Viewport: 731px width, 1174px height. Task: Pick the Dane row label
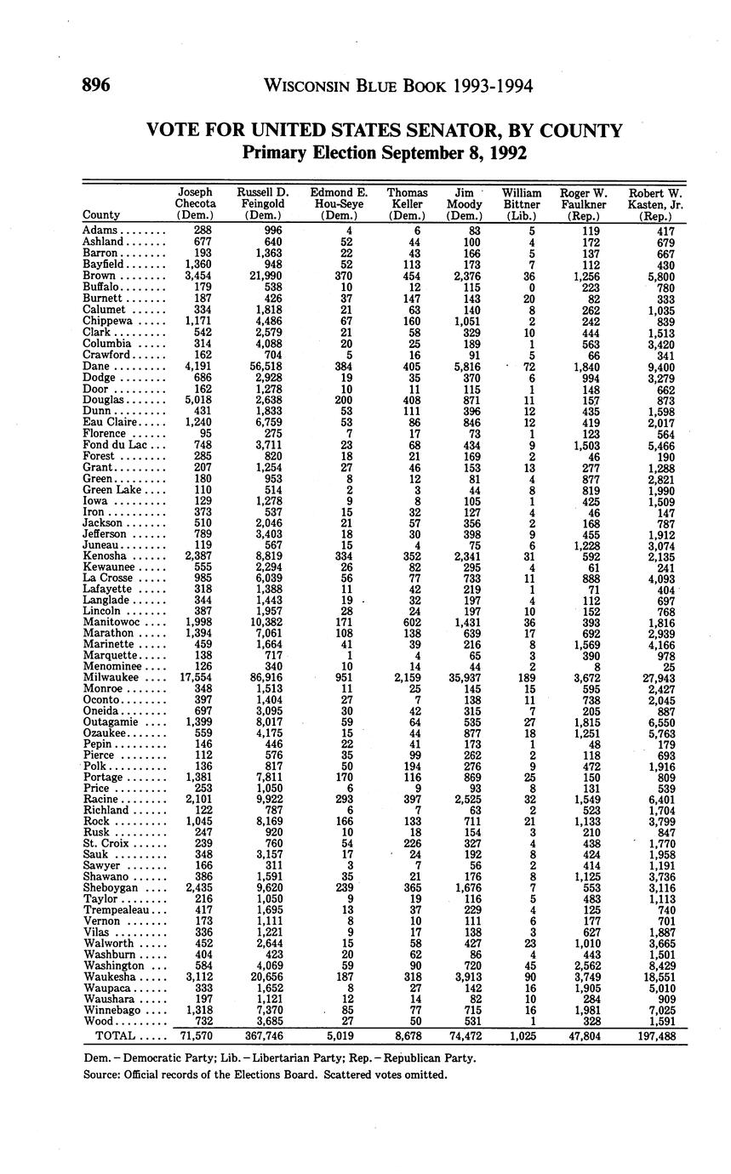point(96,365)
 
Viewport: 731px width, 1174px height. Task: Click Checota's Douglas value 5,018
point(195,399)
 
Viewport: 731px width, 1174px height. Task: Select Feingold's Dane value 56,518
point(263,365)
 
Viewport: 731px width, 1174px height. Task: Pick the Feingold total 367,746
point(262,1036)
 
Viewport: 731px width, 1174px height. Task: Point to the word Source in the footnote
point(102,1074)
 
